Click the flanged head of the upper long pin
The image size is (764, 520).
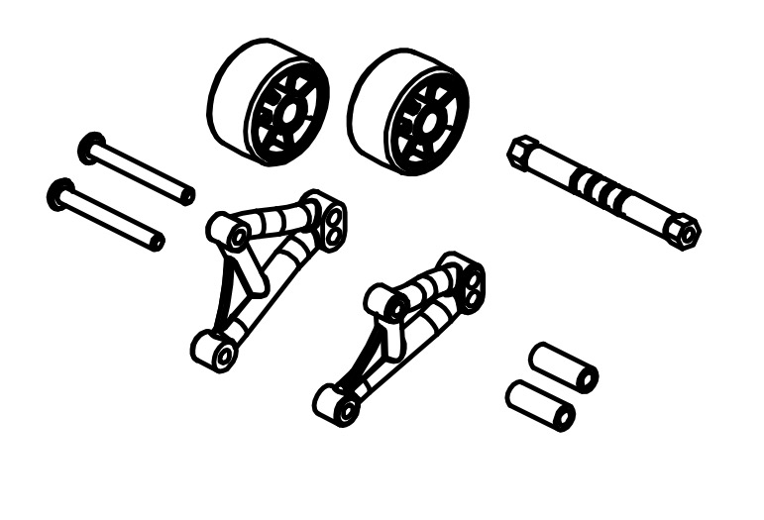(x=91, y=148)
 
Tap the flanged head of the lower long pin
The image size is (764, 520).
(x=60, y=194)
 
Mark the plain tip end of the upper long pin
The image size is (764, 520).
(x=185, y=195)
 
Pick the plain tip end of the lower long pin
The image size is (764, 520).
(x=156, y=241)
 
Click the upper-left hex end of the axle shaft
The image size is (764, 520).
(x=519, y=152)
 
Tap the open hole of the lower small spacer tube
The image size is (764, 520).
(x=563, y=416)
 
